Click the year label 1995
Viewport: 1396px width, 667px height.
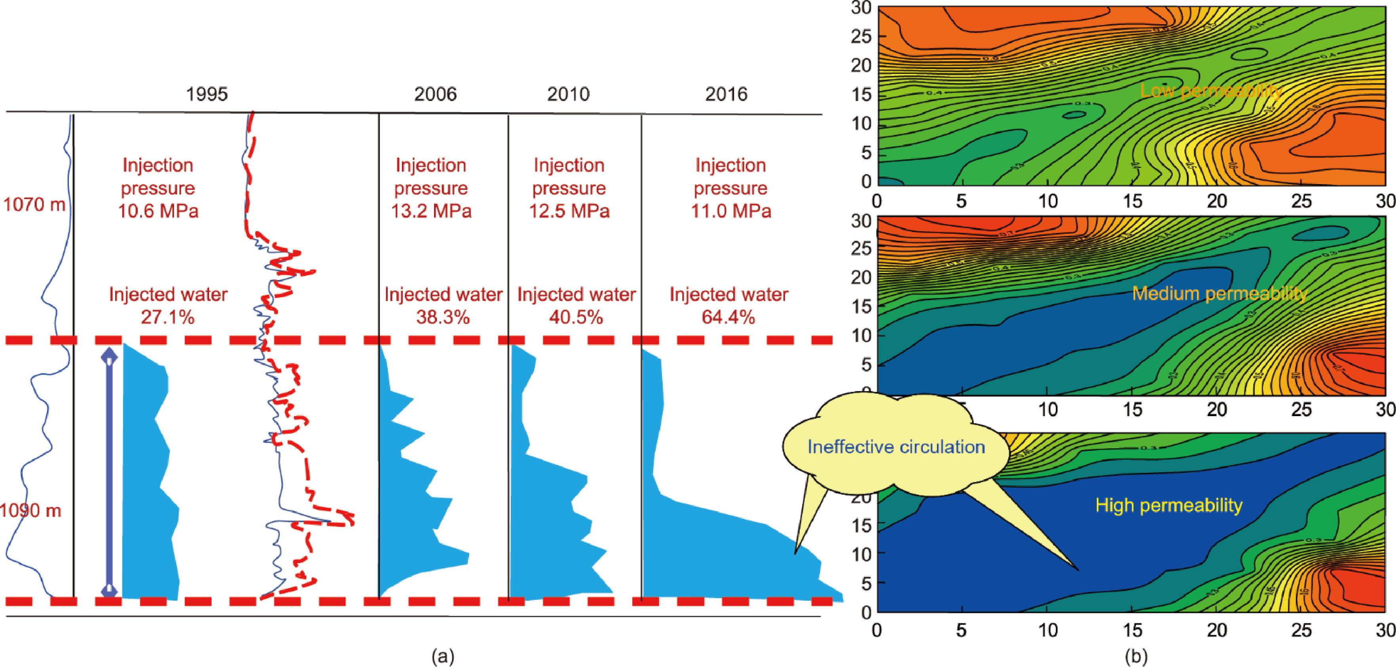207,94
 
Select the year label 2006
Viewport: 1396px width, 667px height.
435,94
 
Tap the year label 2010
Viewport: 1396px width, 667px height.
568,94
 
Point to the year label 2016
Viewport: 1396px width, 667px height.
726,94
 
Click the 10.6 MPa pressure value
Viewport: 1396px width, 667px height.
158,210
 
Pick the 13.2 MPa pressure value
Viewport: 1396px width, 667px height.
431,210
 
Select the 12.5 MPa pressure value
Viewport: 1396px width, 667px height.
569,210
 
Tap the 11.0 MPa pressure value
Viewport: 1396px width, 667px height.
730,210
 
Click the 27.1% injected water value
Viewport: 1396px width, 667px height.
168,317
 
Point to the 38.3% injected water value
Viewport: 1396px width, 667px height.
443,317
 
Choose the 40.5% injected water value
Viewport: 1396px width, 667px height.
576,317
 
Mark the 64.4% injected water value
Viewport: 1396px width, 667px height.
729,317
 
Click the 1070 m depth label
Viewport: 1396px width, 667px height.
34,205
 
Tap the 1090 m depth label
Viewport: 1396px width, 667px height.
31,510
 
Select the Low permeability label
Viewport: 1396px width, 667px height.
1211,91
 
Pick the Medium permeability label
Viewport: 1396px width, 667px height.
1219,294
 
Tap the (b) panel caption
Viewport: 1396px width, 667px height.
1136,657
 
